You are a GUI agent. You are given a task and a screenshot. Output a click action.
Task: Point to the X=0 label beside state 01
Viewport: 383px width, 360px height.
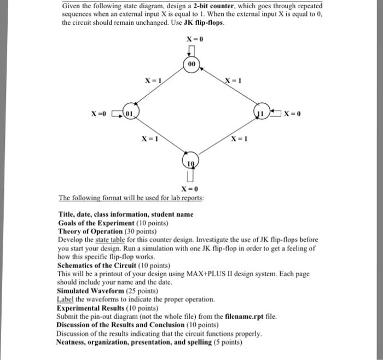coord(99,113)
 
